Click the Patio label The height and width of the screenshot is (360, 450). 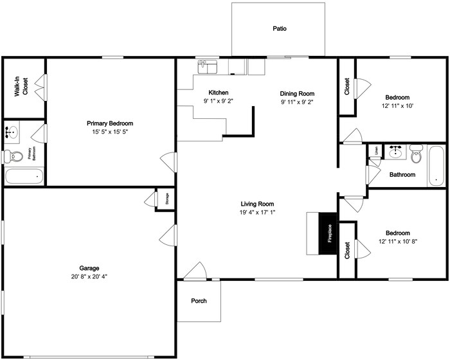tap(279, 29)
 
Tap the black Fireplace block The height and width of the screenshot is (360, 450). tap(329, 232)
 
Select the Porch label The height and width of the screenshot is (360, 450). tap(199, 301)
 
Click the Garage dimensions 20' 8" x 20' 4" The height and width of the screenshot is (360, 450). tap(89, 276)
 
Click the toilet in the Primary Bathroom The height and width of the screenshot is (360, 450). tap(14, 156)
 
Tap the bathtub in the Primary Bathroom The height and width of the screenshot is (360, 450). tap(24, 176)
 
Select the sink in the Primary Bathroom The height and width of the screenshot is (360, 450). tap(12, 133)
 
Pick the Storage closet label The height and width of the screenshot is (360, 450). tap(166, 199)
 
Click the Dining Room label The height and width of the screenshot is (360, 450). tap(297, 93)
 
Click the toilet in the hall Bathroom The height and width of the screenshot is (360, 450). tap(415, 154)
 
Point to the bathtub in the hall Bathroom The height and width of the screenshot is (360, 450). tap(437, 165)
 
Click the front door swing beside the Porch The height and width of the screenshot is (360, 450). tap(195, 271)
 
